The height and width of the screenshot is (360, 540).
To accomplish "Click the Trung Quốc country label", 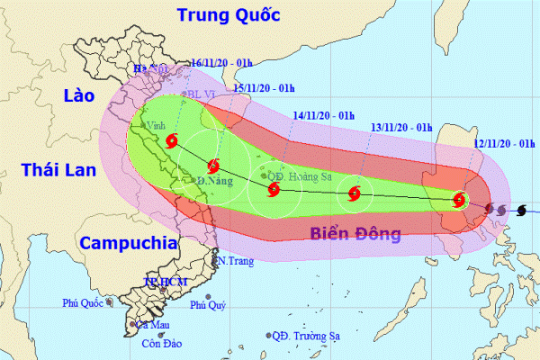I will tap(229, 14).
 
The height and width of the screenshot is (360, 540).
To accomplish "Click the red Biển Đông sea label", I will tap(355, 235).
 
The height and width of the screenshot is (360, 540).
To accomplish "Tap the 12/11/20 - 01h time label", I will tap(504, 143).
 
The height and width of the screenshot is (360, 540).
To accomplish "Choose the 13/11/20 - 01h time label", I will tap(400, 127).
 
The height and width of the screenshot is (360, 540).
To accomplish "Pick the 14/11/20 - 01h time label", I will tap(324, 115).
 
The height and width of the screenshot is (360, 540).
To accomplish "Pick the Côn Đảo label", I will tap(158, 343).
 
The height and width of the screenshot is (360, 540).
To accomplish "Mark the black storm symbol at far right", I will tap(521, 211).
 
